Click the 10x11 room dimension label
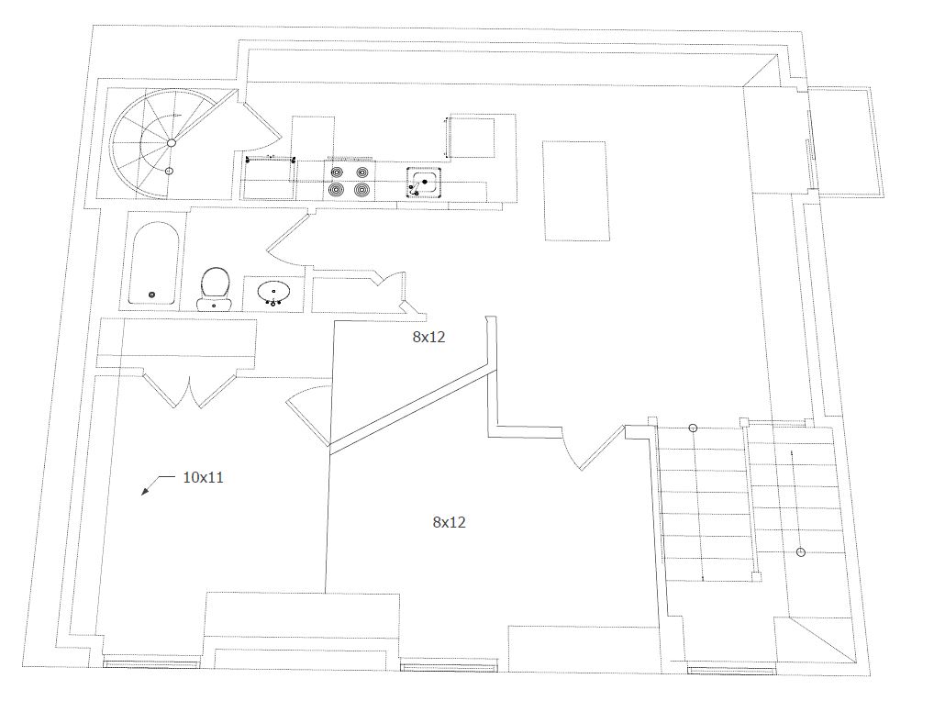[x=203, y=477]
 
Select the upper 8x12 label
[x=428, y=338]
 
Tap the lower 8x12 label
[x=450, y=522]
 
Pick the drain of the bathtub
[x=151, y=295]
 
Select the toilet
[x=215, y=289]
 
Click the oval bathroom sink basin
[x=274, y=292]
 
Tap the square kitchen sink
[x=424, y=183]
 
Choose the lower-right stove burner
[x=362, y=190]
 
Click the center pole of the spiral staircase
[x=171, y=143]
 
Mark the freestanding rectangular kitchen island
[x=576, y=191]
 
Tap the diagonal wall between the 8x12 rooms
[x=410, y=408]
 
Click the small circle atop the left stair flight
[x=693, y=428]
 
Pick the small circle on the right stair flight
[x=801, y=552]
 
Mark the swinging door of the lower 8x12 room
[x=602, y=448]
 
